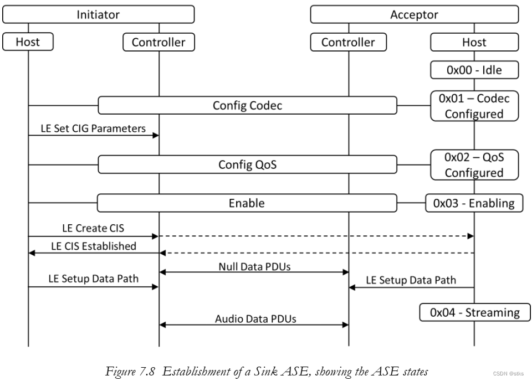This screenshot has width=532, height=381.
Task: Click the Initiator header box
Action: (98, 14)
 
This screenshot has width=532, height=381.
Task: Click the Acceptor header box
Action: (414, 14)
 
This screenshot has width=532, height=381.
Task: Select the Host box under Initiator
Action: (28, 42)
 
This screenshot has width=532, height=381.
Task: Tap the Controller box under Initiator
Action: (158, 42)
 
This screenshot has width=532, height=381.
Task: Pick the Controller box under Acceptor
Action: (348, 42)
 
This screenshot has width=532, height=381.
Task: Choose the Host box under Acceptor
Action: (474, 42)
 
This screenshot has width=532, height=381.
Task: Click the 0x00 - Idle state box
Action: (474, 70)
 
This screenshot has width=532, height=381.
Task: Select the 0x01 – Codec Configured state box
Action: (474, 106)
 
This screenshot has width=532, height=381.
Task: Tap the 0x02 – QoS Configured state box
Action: (474, 164)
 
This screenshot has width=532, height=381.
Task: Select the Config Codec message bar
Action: (247, 105)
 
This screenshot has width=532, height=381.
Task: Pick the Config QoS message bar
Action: (247, 164)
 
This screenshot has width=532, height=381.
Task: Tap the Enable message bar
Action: (247, 203)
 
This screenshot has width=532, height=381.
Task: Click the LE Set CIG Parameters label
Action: (93, 128)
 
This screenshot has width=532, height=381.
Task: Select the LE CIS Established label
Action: (93, 246)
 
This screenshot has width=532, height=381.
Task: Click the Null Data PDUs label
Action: (254, 266)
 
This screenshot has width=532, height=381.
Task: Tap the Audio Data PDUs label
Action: (254, 319)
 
